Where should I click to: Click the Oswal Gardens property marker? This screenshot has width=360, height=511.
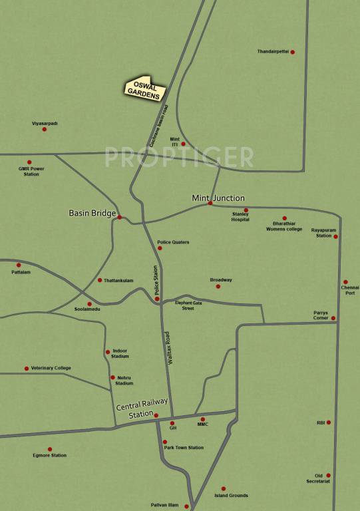[x=144, y=88]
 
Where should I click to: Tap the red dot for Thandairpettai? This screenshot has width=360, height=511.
[x=292, y=51]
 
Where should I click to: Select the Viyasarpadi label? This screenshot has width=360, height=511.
[x=45, y=122]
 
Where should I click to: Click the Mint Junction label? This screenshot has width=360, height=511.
[x=218, y=198]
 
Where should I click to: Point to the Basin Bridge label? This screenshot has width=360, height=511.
[x=92, y=214]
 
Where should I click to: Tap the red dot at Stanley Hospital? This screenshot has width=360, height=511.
[x=246, y=210]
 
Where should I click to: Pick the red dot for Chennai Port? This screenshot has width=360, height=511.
[x=345, y=281]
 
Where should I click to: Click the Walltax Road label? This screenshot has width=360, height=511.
[x=171, y=346]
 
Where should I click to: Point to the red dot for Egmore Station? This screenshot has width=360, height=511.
[x=49, y=449]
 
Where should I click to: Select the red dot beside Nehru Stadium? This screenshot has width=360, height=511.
[x=112, y=377]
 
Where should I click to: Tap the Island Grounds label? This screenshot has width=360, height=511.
[x=231, y=496]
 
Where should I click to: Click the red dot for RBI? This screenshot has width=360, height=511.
[x=328, y=423]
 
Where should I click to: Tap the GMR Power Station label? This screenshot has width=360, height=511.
[x=31, y=172]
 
